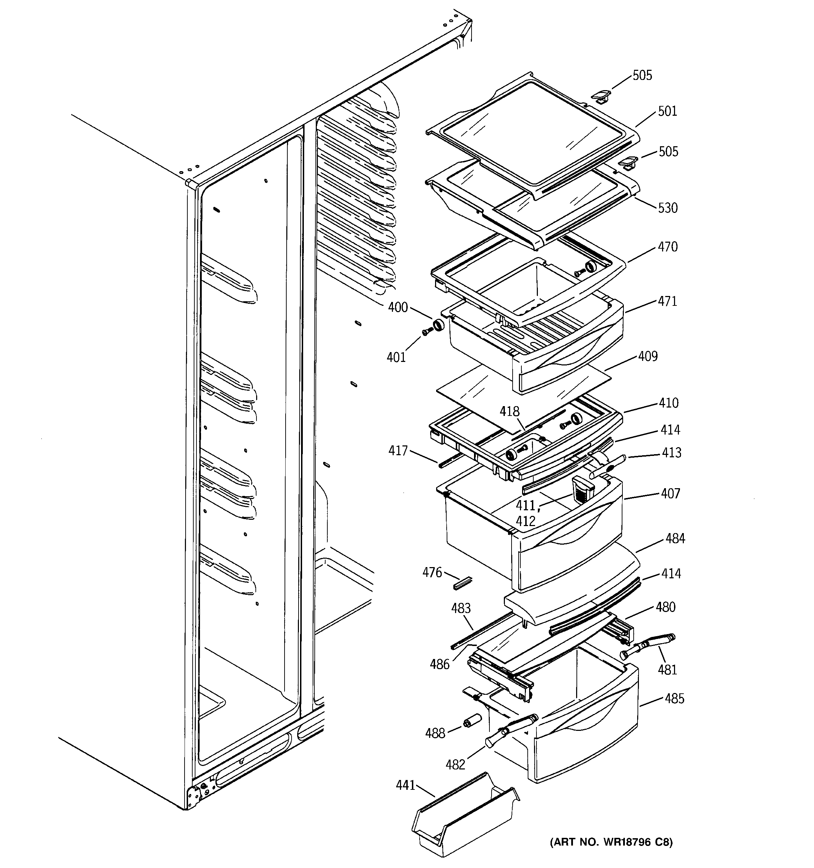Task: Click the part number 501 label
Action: tap(667, 111)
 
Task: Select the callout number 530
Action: tap(668, 208)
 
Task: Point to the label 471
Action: tap(667, 301)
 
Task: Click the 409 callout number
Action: tap(648, 356)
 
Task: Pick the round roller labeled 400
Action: tap(438, 325)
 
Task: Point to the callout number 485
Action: tap(674, 699)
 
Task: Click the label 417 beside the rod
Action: tap(398, 451)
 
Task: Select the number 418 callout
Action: tap(509, 411)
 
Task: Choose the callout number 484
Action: tap(675, 539)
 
